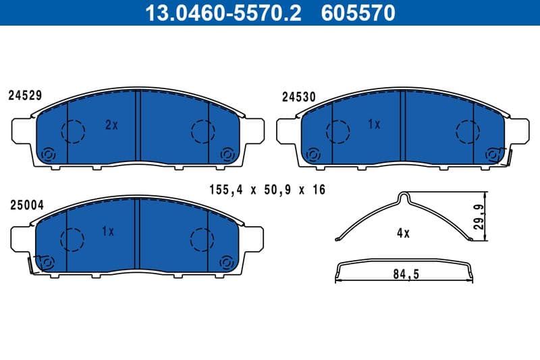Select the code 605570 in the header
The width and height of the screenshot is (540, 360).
(x=359, y=13)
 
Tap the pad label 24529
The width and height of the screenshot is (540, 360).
(x=25, y=96)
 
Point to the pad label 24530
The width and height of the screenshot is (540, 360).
(x=298, y=97)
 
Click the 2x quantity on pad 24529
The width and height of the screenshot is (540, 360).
(x=111, y=125)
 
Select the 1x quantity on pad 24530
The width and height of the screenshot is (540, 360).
(x=375, y=125)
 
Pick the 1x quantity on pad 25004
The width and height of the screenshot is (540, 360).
(x=107, y=232)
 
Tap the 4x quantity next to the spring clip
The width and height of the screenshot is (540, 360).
(x=403, y=233)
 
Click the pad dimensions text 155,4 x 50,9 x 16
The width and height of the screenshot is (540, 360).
(x=268, y=190)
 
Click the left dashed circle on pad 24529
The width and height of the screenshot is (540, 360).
(x=72, y=130)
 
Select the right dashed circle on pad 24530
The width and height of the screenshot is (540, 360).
(x=467, y=132)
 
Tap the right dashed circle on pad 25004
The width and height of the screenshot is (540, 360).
(x=202, y=238)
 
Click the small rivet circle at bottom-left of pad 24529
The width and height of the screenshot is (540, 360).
(x=48, y=155)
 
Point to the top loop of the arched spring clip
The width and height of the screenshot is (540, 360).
(x=404, y=197)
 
